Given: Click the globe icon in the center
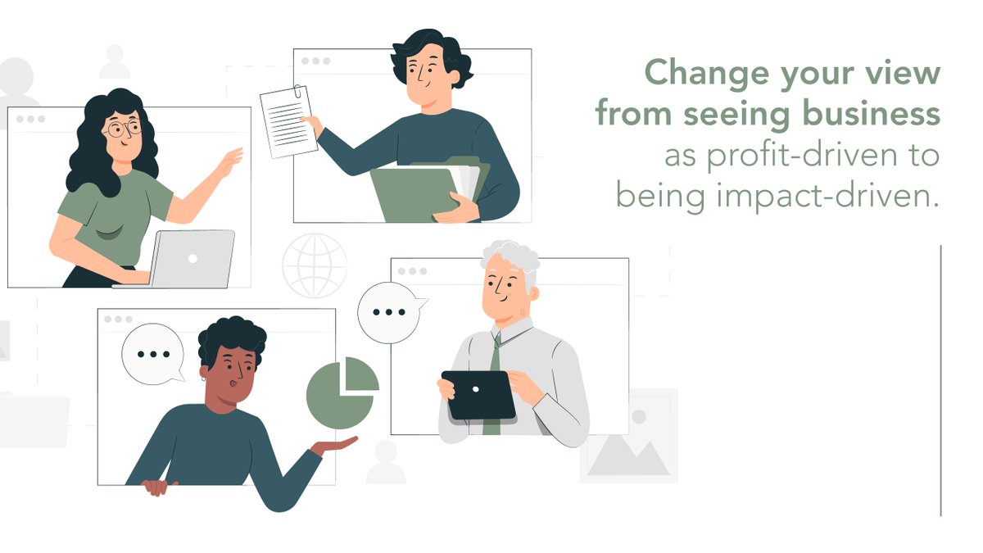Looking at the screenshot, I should coord(315,265).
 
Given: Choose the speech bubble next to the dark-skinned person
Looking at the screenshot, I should coord(152,354).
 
